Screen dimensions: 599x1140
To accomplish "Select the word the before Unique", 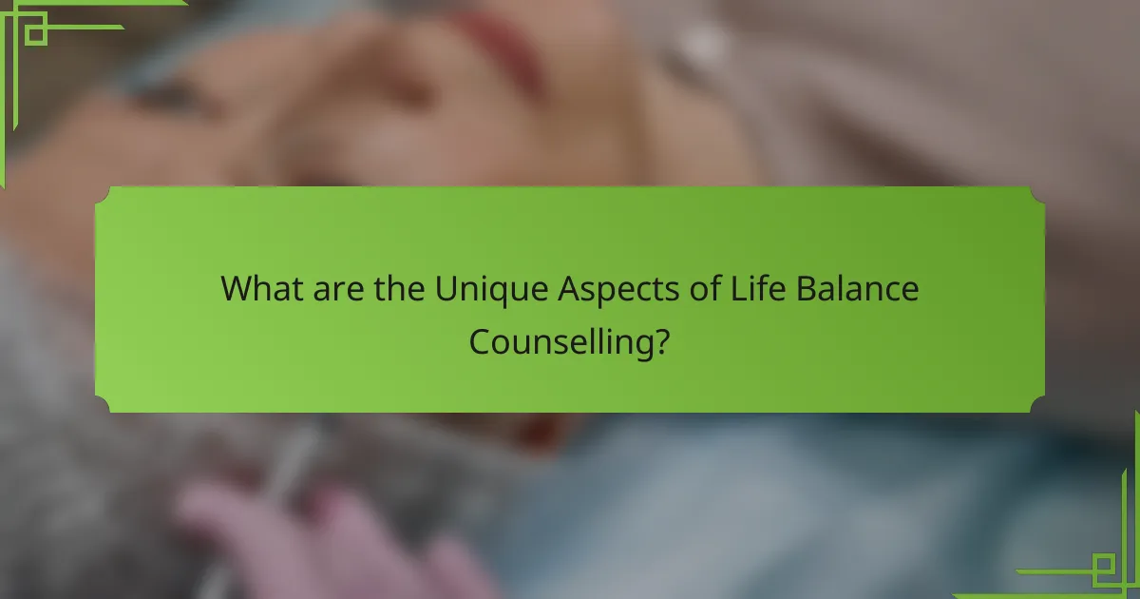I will [397, 289].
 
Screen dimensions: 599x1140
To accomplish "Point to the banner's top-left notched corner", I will [104, 195].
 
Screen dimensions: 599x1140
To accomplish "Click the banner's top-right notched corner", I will [1036, 195].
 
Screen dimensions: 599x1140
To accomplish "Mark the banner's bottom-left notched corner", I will [104, 404].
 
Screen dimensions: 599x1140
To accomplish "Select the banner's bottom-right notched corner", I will [1036, 404].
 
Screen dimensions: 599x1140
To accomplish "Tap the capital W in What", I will [236, 289].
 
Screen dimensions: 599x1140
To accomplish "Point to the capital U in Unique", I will [446, 289].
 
